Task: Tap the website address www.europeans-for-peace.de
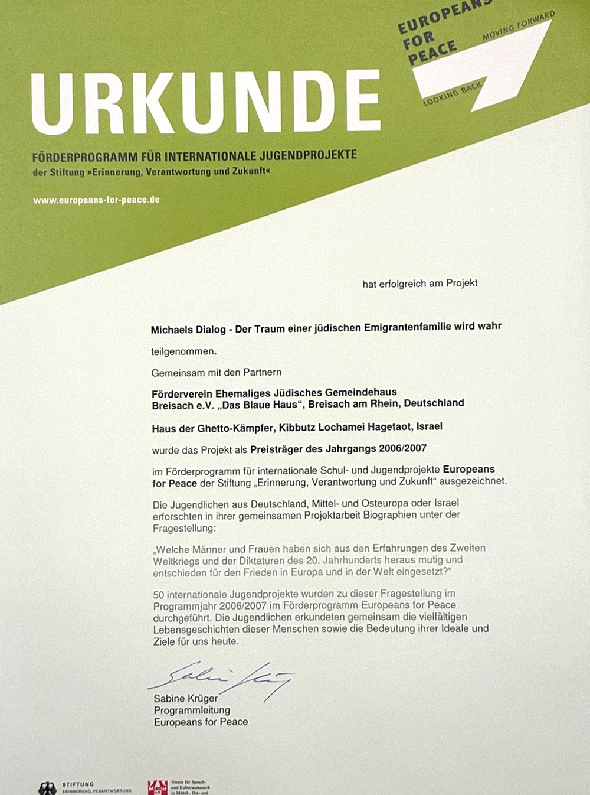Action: pyautogui.click(x=96, y=200)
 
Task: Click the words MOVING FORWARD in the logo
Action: pyautogui.click(x=519, y=26)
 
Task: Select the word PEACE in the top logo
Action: pyautogui.click(x=432, y=52)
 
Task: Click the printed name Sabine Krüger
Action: pyautogui.click(x=186, y=699)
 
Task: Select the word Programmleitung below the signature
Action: pyautogui.click(x=192, y=710)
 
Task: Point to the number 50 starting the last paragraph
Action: pyautogui.click(x=159, y=594)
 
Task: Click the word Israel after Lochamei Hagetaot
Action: pyautogui.click(x=430, y=426)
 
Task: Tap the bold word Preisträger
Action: pyautogui.click(x=277, y=449)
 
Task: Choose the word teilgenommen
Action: pyautogui.click(x=183, y=351)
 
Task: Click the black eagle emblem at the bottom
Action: pyautogui.click(x=47, y=789)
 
